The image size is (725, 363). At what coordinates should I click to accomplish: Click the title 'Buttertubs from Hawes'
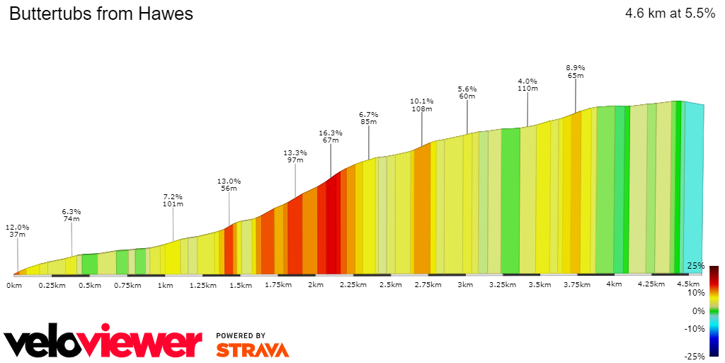point(101,13)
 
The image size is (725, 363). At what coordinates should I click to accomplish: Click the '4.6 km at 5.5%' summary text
point(670,13)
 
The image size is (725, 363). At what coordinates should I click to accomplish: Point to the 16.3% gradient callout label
point(331,136)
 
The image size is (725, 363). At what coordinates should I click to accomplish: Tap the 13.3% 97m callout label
point(295,156)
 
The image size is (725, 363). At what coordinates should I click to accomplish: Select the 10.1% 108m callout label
point(422,105)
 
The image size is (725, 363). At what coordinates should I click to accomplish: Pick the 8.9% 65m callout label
point(575,71)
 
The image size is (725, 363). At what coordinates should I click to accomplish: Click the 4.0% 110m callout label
point(527,84)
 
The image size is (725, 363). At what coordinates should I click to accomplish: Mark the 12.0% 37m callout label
point(18,231)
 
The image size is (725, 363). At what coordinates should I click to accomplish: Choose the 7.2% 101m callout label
point(173,200)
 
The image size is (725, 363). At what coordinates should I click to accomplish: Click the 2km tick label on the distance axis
point(315,285)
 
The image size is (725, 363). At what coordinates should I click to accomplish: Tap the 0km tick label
point(14,285)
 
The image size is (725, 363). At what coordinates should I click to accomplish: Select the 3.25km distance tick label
point(503,285)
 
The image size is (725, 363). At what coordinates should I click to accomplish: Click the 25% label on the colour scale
point(696,266)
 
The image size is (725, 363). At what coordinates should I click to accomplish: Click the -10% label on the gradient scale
point(695,328)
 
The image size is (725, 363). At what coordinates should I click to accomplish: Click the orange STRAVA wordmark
point(252,350)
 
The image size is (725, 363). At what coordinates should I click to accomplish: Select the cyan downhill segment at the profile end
point(694,188)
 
